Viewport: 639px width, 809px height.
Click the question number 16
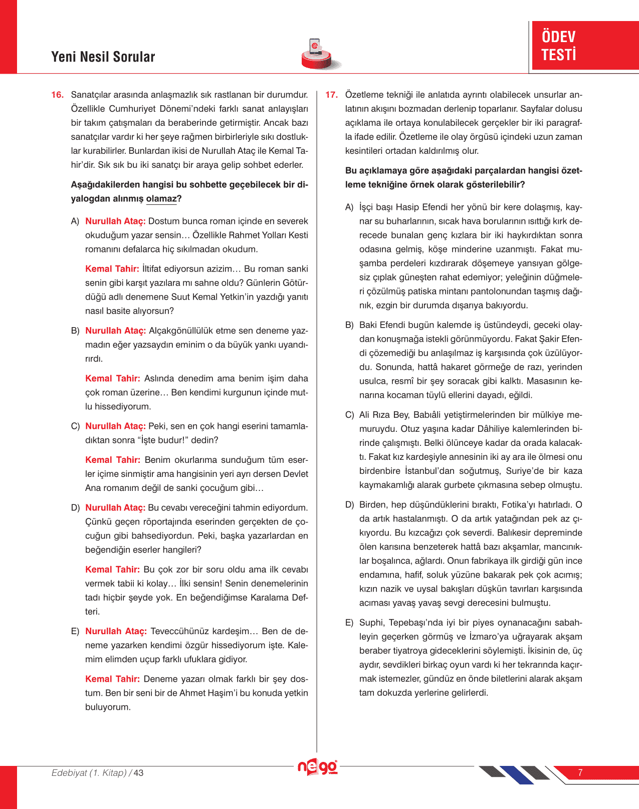57,95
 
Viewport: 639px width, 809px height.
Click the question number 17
331,95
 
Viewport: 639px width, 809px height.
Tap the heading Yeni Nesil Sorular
103,57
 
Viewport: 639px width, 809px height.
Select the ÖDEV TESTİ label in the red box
559,46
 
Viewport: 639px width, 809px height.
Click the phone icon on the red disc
315,47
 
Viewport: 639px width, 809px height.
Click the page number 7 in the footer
580,772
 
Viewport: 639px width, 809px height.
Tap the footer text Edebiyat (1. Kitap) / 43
97,773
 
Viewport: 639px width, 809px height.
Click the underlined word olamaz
161,199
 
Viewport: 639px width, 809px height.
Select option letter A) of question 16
75,221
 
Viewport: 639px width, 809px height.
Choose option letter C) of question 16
75,426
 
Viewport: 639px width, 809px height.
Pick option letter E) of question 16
75,631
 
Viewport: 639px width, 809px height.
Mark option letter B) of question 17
349,325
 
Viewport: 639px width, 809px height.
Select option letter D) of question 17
349,505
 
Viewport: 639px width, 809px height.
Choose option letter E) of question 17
349,623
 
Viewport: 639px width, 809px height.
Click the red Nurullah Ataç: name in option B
115,331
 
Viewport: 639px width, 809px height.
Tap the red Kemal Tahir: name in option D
112,570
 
